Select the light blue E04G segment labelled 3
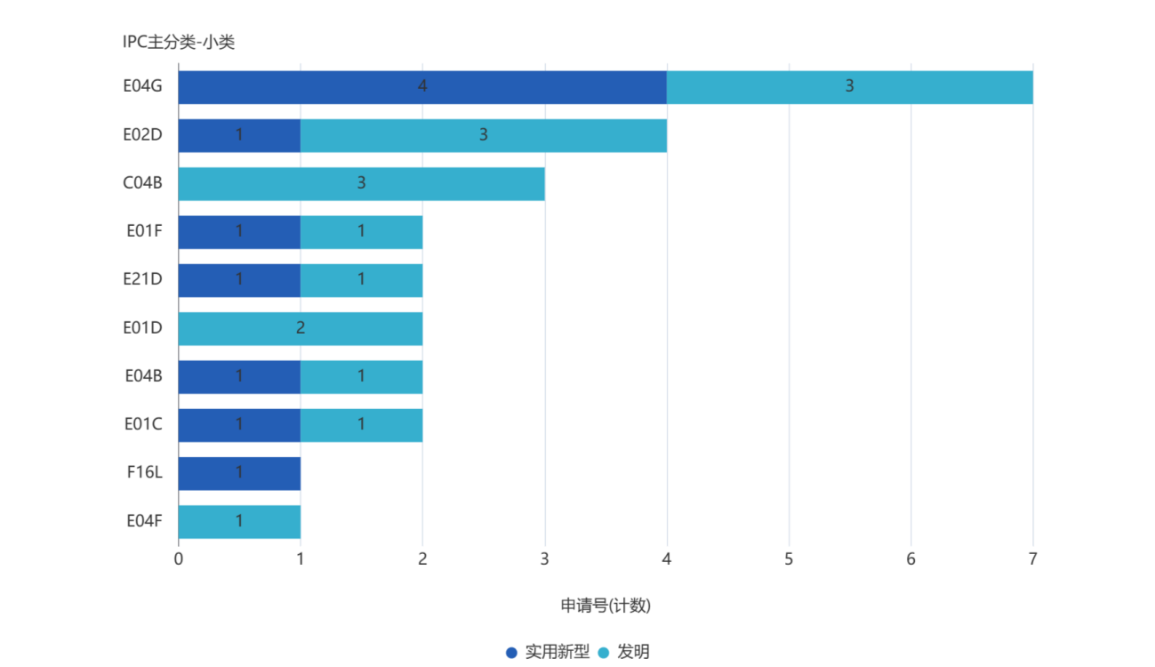(x=849, y=87)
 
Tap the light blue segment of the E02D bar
(x=483, y=135)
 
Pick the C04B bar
(x=361, y=183)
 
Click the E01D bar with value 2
(x=301, y=328)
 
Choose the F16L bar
(x=239, y=473)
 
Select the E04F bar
(x=239, y=521)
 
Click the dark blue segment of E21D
(x=239, y=280)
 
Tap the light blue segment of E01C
(x=361, y=424)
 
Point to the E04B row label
(x=143, y=376)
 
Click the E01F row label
(x=144, y=231)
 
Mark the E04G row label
(x=142, y=86)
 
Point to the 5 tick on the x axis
(x=789, y=559)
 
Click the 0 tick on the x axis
(x=179, y=559)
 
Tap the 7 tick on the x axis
(x=1032, y=559)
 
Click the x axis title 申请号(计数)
(x=606, y=606)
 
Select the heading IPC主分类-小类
(x=179, y=42)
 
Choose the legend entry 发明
(x=624, y=652)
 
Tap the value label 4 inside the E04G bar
(x=422, y=86)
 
